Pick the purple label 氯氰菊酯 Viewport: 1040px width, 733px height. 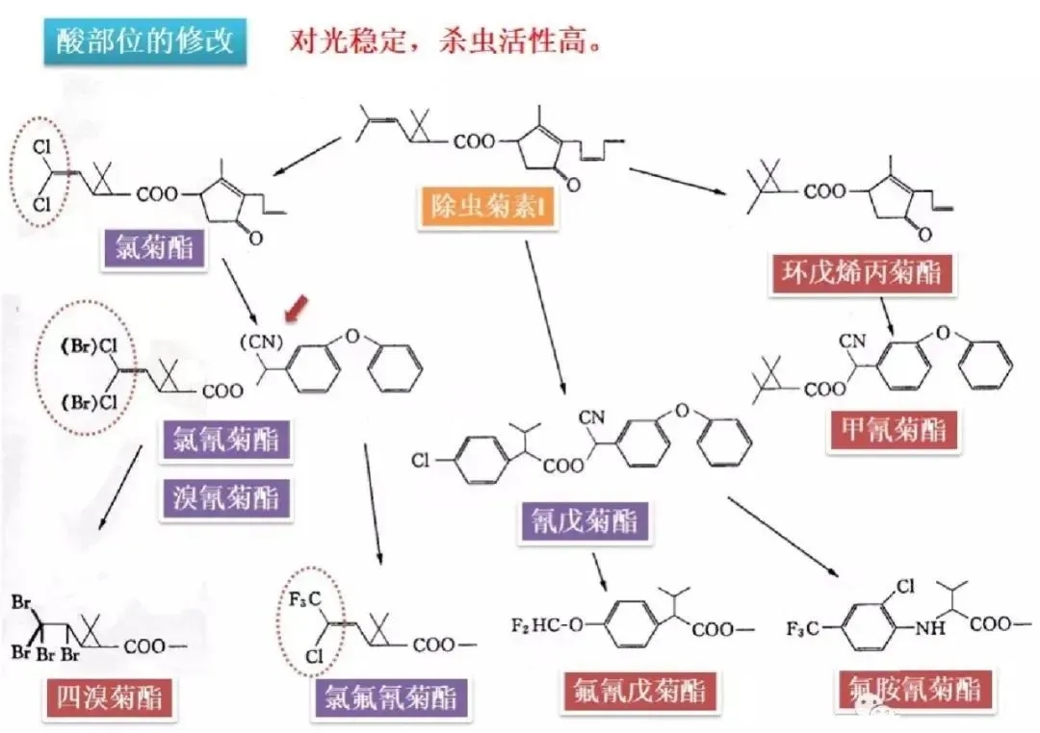(227, 442)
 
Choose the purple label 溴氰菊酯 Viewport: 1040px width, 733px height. (227, 497)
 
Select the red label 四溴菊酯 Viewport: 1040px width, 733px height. (108, 695)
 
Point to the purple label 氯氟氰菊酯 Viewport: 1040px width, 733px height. (389, 695)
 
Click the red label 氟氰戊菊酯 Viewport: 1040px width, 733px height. (639, 690)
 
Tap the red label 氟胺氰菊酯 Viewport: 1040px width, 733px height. (915, 690)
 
